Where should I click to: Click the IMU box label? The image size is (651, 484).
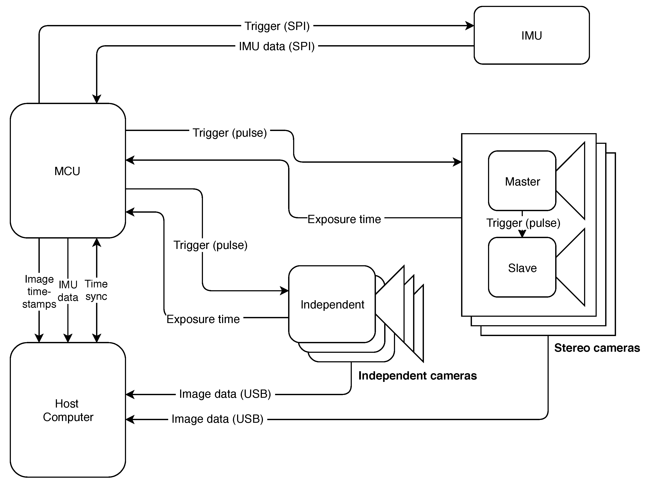tap(531, 36)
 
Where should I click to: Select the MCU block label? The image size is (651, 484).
tap(67, 171)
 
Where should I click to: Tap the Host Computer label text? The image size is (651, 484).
tap(68, 410)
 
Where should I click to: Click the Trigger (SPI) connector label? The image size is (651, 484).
tap(277, 26)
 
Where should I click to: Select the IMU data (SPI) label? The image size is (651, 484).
tap(277, 46)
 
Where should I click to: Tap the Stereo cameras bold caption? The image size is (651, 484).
tap(597, 348)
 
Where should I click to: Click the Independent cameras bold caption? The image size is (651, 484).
tap(417, 376)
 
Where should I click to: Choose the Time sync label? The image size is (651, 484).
tap(96, 290)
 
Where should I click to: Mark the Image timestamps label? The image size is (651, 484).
tap(39, 292)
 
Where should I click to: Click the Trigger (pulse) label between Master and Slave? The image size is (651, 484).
tap(523, 223)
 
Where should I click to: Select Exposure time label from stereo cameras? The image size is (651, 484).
tap(344, 219)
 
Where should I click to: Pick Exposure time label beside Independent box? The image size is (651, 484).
tap(203, 319)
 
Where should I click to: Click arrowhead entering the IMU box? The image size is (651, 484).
tap(470, 26)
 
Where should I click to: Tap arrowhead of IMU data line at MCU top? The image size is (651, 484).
tap(97, 99)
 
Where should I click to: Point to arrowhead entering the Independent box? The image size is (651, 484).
tap(284, 291)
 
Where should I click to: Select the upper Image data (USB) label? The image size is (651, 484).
tap(225, 394)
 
